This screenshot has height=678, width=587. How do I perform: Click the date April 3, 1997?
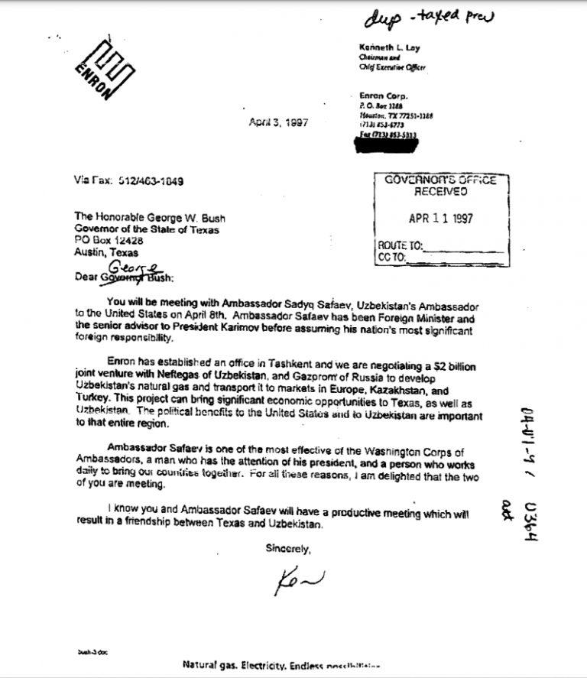278,123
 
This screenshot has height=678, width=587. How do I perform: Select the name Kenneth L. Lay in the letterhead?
389,47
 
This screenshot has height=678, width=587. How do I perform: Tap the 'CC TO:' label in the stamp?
394,258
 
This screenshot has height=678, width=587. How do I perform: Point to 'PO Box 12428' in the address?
109,241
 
